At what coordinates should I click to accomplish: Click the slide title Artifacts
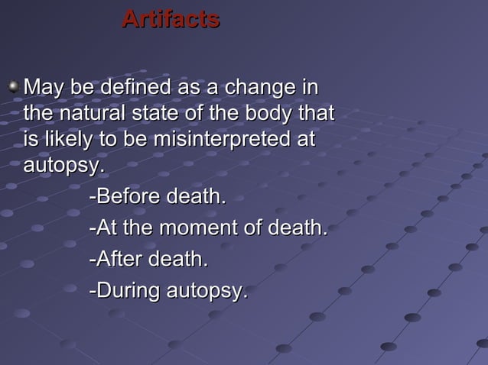[171, 19]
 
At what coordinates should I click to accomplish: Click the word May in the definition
[44, 87]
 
